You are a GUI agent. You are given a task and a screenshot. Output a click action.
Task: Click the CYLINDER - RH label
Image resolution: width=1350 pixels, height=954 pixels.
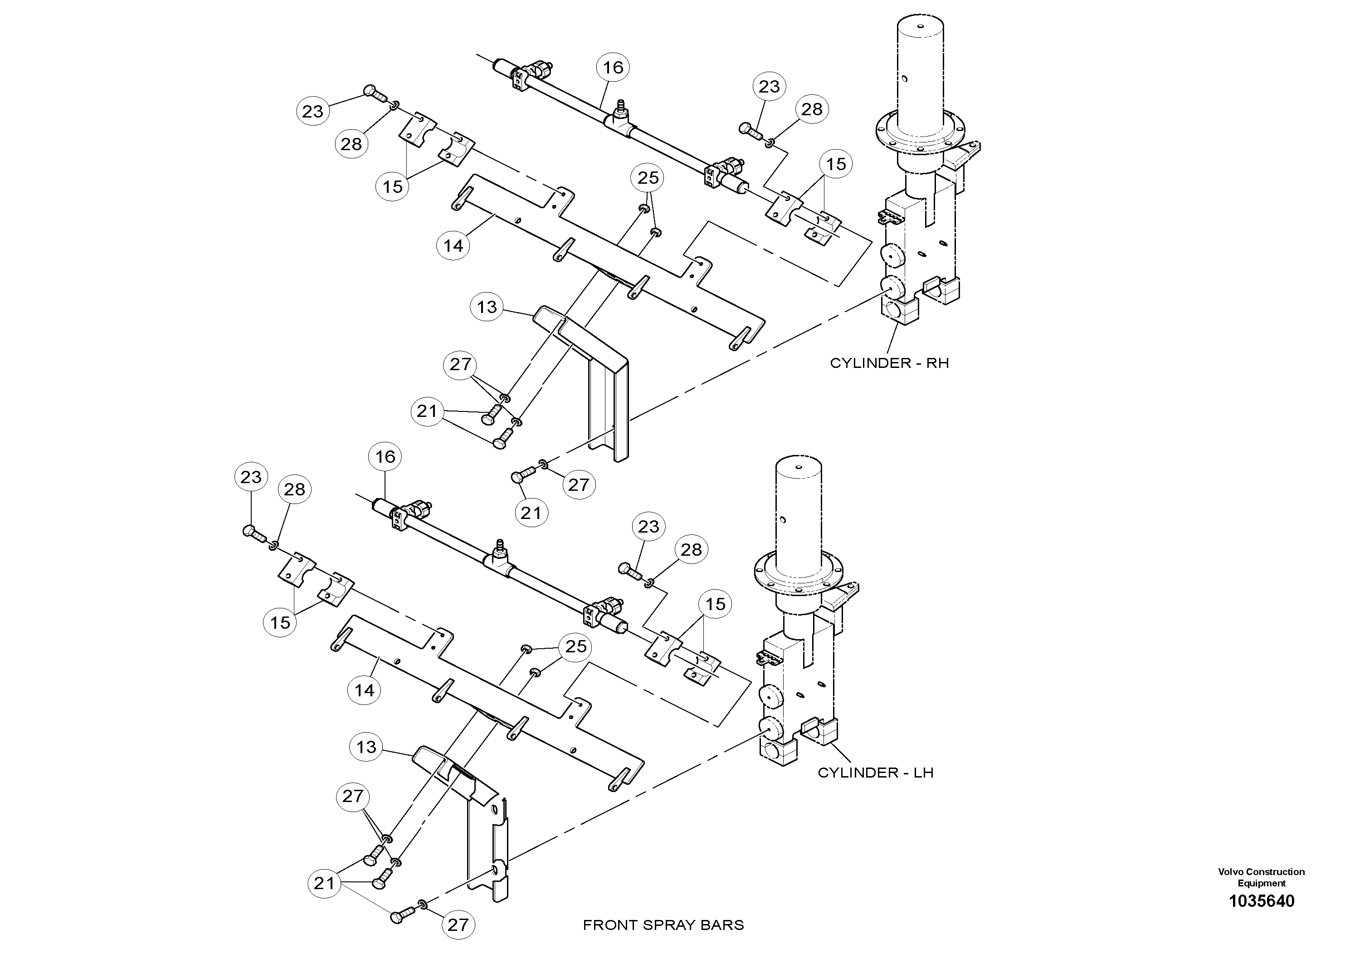tap(889, 363)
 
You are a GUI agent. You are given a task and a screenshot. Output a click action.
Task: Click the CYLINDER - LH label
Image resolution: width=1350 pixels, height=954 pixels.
tap(876, 772)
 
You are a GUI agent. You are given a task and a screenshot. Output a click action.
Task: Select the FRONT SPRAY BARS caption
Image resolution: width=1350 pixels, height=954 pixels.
tap(663, 925)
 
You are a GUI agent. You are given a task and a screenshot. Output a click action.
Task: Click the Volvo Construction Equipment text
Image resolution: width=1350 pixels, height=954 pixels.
tap(1261, 877)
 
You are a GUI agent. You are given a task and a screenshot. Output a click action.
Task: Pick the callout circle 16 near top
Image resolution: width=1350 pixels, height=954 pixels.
tap(613, 68)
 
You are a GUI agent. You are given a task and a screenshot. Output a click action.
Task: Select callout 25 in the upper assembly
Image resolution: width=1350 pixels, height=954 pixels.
tap(648, 178)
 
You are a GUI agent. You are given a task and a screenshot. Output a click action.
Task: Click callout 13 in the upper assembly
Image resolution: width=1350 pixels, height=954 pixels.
tap(487, 307)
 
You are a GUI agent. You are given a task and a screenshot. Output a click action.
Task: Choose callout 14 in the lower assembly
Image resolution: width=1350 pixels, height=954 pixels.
tap(365, 690)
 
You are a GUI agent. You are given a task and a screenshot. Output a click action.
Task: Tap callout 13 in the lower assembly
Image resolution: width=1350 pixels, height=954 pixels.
tap(366, 747)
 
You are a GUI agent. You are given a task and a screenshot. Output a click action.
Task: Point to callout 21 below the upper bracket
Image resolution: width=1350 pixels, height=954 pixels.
tap(531, 513)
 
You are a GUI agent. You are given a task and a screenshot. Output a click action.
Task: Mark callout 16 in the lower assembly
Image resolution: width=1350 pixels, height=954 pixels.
tap(385, 456)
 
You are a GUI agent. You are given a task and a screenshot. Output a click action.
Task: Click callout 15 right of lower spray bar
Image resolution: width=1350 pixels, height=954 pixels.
tap(715, 604)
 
